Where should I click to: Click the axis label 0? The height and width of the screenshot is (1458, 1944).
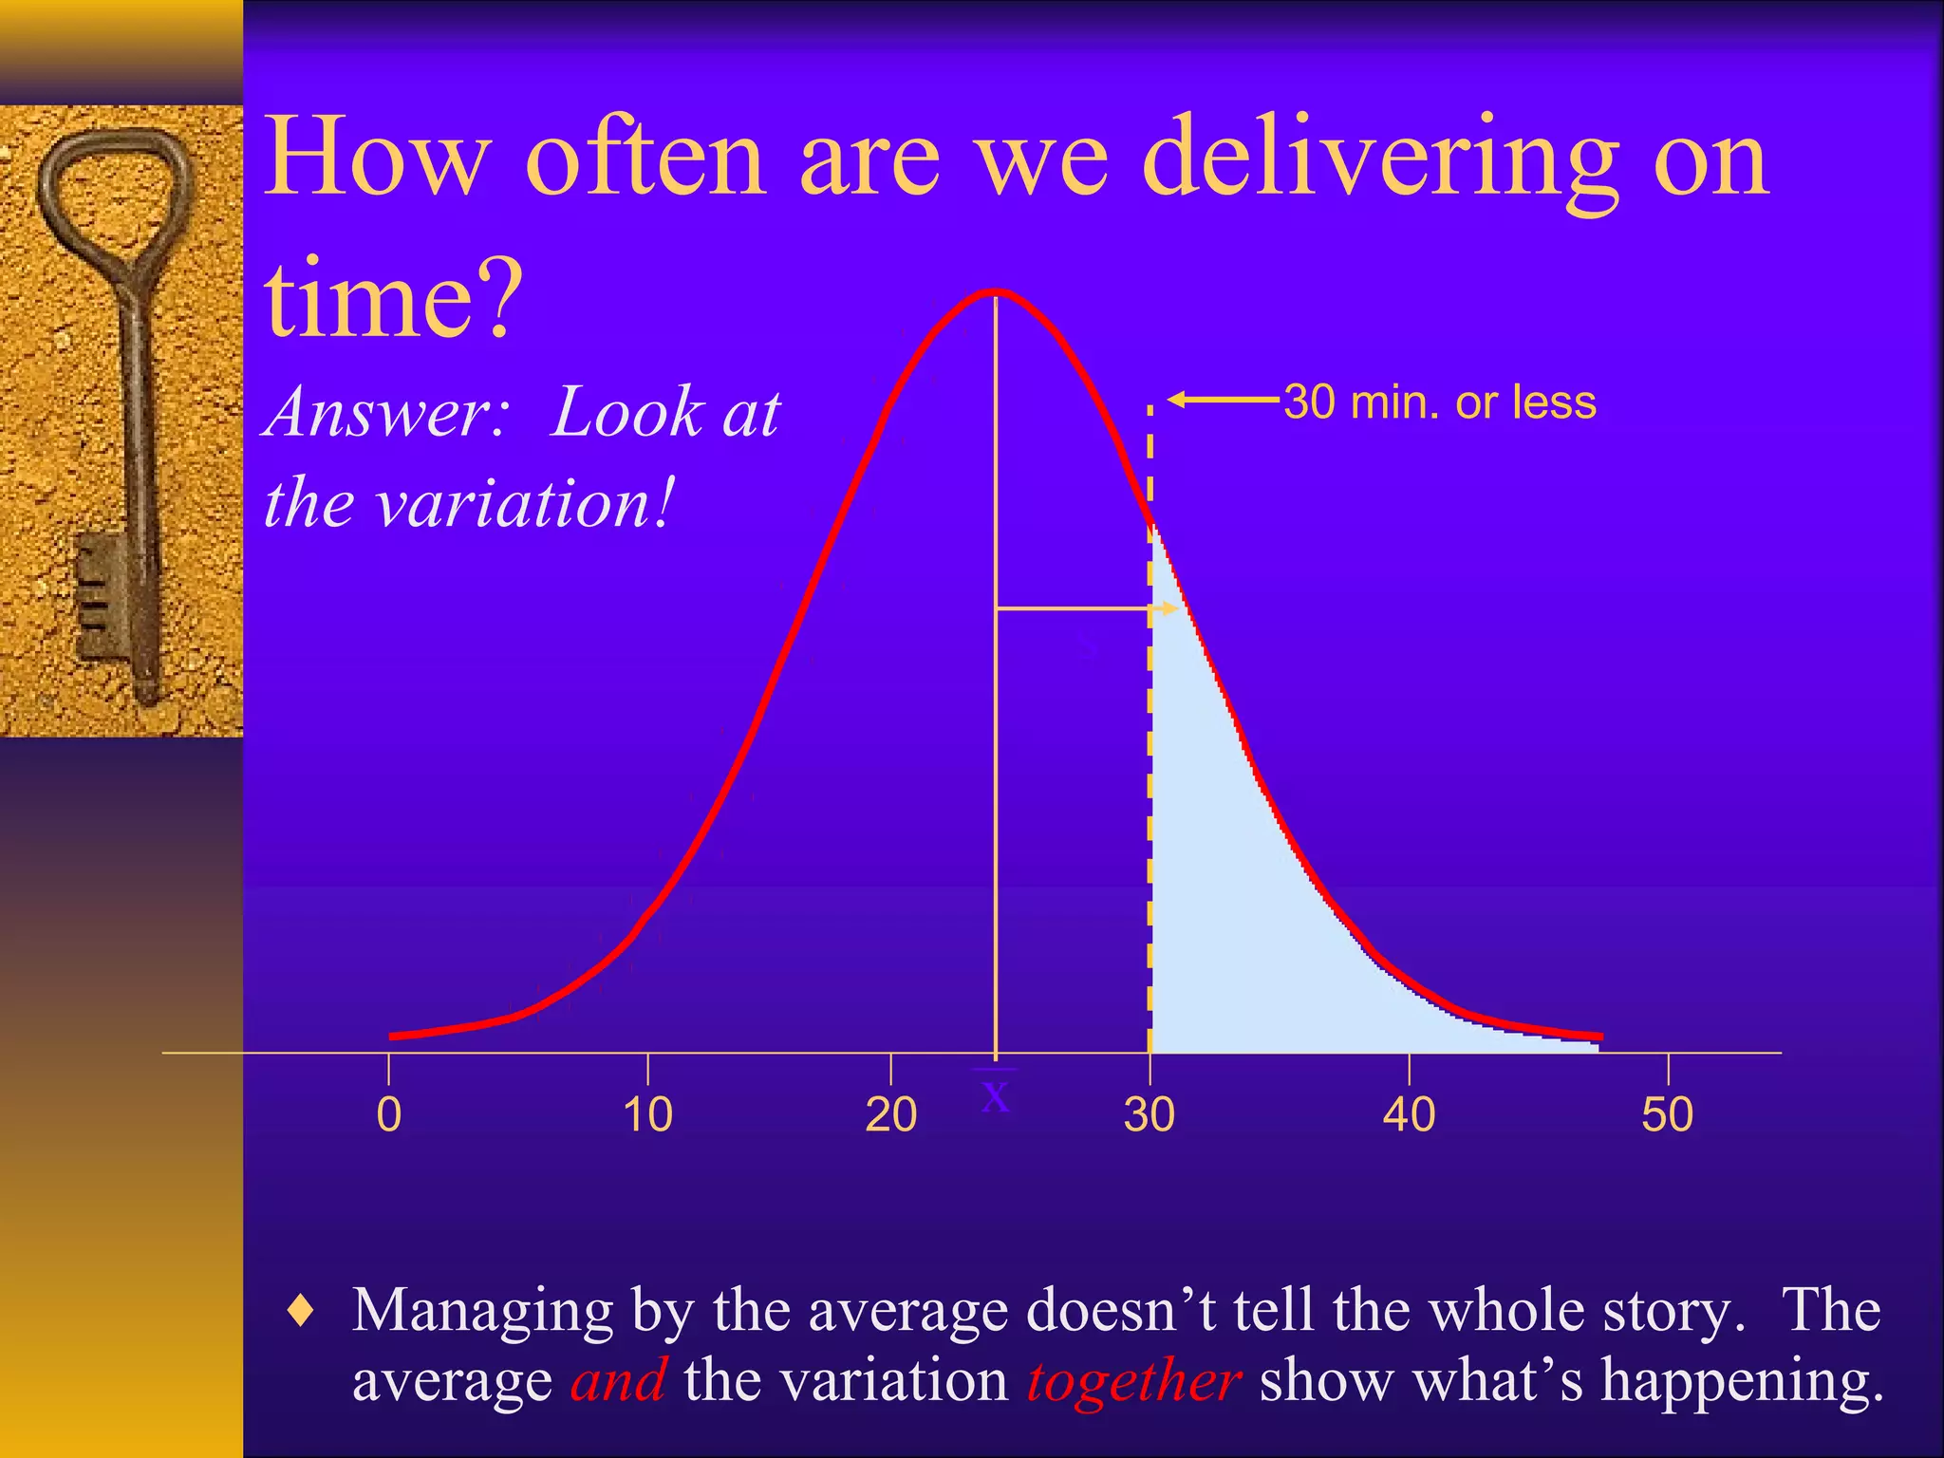(x=388, y=1114)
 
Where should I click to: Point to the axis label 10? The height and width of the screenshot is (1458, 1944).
(x=647, y=1114)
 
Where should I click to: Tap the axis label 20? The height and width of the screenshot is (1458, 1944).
(x=890, y=1114)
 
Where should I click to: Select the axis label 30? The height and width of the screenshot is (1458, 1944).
(x=1150, y=1114)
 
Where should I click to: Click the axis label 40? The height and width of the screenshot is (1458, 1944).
(x=1409, y=1114)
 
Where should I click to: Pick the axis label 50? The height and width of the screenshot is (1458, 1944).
(x=1668, y=1114)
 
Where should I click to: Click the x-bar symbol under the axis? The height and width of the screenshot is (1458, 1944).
(x=995, y=1094)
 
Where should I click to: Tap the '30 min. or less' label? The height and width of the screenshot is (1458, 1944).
(x=1440, y=402)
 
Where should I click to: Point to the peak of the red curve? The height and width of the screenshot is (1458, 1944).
(x=995, y=292)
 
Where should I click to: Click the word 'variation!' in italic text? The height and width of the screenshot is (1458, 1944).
(x=527, y=503)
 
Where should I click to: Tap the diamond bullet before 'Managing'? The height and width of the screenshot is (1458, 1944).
(x=302, y=1312)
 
